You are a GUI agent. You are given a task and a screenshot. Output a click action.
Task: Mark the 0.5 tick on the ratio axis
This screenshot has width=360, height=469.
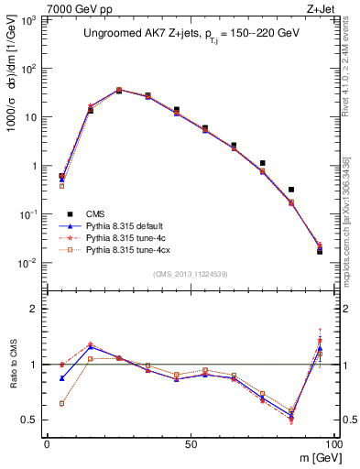pyautogui.click(x=34, y=420)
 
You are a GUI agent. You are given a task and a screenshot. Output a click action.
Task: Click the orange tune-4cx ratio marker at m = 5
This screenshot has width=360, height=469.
pyautogui.click(x=61, y=403)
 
